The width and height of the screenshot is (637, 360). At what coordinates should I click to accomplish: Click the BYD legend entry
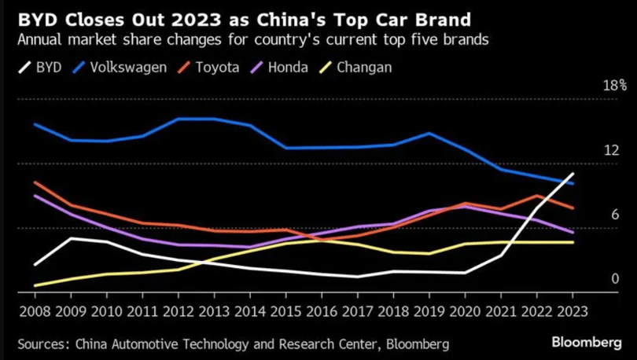tap(40, 67)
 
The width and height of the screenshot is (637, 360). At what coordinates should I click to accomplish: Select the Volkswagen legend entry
tap(120, 67)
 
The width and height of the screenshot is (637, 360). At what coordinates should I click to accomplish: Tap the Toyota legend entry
tap(208, 67)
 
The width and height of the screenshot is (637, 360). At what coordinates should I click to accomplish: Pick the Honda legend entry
tap(279, 67)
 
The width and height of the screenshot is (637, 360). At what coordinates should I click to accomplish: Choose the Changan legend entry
tap(355, 67)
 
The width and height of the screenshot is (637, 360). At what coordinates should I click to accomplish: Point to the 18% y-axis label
tap(615, 86)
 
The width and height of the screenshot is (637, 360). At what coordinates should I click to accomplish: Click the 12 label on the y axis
tap(611, 150)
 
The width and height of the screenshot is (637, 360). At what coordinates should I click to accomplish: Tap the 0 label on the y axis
tap(615, 278)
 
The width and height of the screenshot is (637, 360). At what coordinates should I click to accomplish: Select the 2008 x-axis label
tap(35, 311)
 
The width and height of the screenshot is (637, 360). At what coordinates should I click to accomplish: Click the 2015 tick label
tap(286, 311)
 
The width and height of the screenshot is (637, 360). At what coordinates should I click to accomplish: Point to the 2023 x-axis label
tap(573, 311)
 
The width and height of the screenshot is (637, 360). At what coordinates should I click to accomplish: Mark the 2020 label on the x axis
tap(465, 311)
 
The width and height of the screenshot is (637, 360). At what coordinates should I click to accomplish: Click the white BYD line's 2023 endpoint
tap(573, 173)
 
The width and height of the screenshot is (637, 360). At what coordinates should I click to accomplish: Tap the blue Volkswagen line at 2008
tap(35, 124)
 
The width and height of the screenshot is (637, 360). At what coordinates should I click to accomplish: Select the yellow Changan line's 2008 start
tap(35, 286)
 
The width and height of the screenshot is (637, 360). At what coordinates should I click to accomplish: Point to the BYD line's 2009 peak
tap(71, 238)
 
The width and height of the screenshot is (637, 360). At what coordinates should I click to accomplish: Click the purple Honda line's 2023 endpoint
tap(573, 233)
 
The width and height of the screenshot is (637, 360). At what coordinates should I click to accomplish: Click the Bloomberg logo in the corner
tap(587, 343)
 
